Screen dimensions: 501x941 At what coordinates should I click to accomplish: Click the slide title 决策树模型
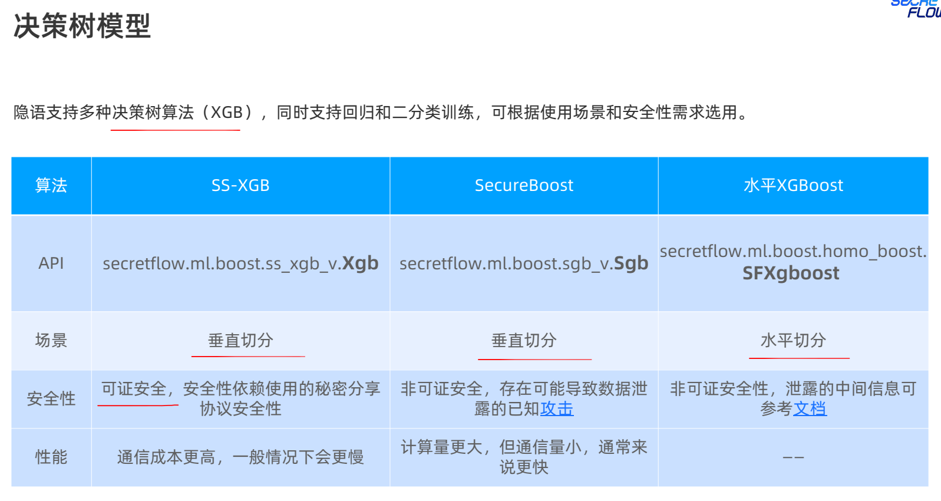click(82, 27)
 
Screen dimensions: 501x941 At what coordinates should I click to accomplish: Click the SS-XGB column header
click(240, 186)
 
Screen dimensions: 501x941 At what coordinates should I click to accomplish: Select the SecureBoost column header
click(524, 186)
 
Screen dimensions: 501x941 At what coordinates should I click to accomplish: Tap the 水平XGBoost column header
click(793, 186)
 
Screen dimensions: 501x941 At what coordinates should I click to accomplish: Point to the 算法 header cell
click(51, 186)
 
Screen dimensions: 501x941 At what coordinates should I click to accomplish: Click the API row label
click(51, 263)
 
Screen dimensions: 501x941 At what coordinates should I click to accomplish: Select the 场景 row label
click(51, 340)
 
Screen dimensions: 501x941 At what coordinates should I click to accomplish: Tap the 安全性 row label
click(51, 399)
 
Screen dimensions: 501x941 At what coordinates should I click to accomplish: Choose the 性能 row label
click(51, 457)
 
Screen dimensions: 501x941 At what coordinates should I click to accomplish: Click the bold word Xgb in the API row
click(361, 263)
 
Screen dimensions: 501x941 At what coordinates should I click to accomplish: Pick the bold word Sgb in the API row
click(630, 263)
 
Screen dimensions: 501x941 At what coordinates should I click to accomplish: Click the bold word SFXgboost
click(791, 273)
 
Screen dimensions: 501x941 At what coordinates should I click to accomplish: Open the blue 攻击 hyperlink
click(557, 408)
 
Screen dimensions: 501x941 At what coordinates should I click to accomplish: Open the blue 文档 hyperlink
click(810, 408)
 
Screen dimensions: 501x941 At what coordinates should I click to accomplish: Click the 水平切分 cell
click(793, 340)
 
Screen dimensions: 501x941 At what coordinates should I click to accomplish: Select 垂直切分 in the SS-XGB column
click(240, 340)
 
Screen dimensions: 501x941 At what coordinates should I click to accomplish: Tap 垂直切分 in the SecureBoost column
click(524, 340)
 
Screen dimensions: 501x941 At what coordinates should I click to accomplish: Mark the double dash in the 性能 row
click(793, 457)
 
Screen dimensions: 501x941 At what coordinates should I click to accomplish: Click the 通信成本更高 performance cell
click(240, 457)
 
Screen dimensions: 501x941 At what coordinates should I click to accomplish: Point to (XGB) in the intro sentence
click(227, 112)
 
